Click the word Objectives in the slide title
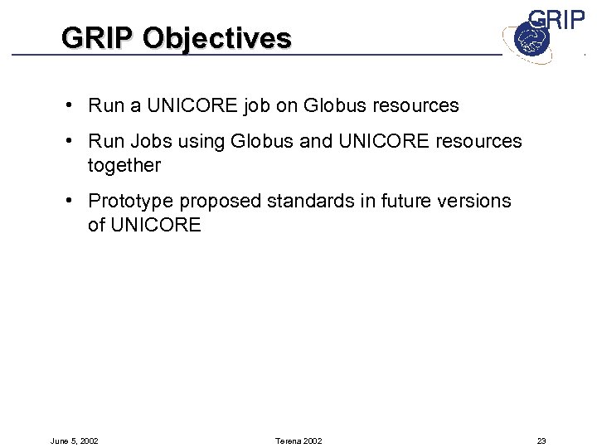217,38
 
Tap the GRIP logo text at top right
556,21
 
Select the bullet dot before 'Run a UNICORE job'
74,105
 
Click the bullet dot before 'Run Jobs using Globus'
74,141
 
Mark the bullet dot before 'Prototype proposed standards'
74,201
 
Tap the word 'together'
124,166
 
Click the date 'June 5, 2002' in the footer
74,441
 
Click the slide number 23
541,441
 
